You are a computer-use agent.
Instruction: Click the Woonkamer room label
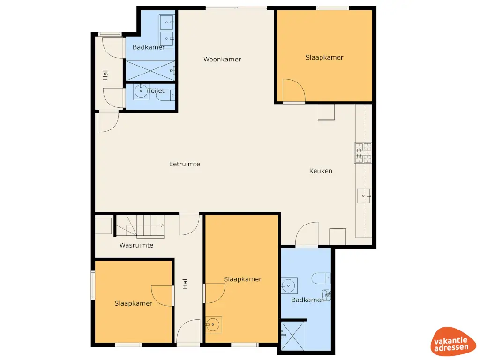coord(222,60)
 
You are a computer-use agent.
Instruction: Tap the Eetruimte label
coord(185,164)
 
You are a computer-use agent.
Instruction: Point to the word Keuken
coord(321,171)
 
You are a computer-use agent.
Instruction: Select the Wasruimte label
coord(136,245)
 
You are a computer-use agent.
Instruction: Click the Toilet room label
coord(156,91)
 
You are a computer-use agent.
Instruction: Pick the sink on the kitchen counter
coord(364,195)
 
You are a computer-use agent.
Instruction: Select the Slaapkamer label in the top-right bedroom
coord(324,58)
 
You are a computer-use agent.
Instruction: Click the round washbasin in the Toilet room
coord(141,92)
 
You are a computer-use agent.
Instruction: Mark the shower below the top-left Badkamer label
coord(150,71)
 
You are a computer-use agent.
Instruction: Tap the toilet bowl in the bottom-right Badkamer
coord(322,277)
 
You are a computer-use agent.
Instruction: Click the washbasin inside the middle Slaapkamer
coord(214,324)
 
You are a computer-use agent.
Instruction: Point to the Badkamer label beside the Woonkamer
coord(149,47)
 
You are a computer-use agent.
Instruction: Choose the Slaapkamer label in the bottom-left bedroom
coord(133,303)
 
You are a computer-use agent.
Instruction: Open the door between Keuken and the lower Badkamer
coord(307,234)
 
